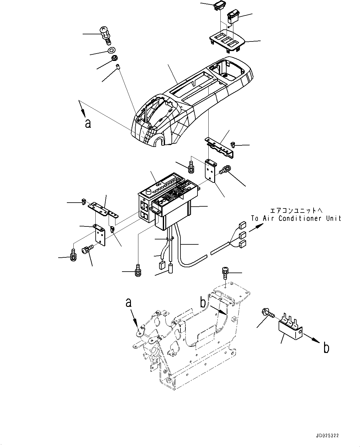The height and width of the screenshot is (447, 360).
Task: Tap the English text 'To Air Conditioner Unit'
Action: (296, 218)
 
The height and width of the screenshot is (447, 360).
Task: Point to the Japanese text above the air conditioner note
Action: (296, 211)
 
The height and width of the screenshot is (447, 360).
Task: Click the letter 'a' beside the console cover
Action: (88, 124)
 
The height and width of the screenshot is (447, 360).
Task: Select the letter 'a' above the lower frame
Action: (128, 302)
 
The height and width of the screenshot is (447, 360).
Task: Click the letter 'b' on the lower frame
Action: (203, 302)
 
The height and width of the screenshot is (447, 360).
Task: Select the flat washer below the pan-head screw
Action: (111, 50)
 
